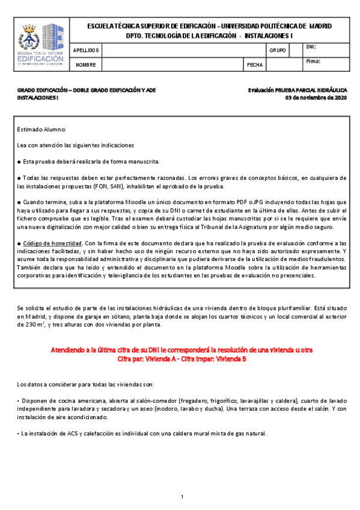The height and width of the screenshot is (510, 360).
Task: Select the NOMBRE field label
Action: pyautogui.click(x=87, y=65)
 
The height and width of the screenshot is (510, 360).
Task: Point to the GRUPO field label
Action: pyautogui.click(x=278, y=51)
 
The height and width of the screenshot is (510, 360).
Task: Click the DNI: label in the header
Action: pyautogui.click(x=311, y=47)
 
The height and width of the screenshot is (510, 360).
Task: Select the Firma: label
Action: pyautogui.click(x=313, y=61)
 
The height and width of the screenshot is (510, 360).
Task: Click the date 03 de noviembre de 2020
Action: pyautogui.click(x=316, y=97)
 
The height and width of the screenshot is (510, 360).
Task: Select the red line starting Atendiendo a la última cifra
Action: pyautogui.click(x=180, y=349)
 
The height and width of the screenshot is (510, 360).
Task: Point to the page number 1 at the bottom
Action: pyautogui.click(x=182, y=497)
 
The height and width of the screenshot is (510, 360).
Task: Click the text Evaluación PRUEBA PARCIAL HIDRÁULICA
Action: pyautogui.click(x=297, y=90)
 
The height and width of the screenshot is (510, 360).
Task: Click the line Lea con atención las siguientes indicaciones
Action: pyautogui.click(x=76, y=146)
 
